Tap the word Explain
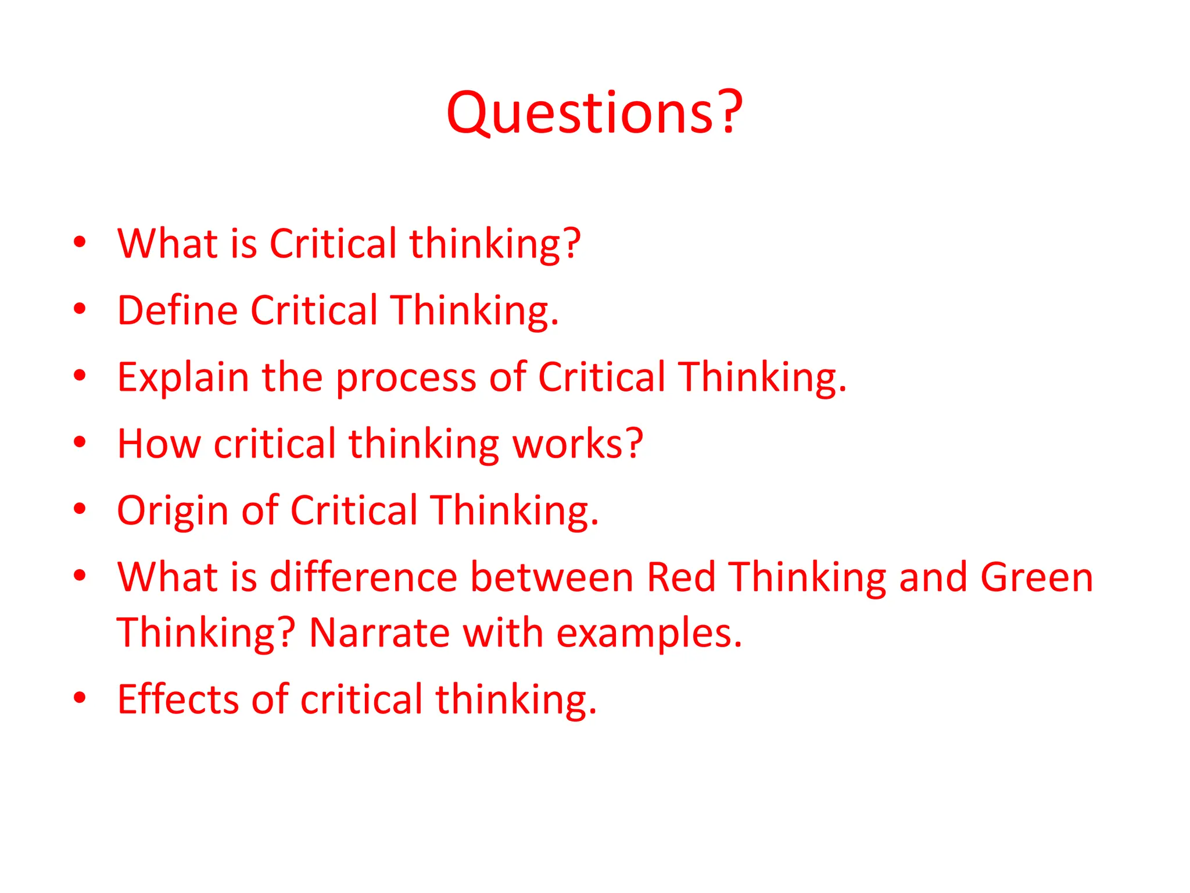[183, 377]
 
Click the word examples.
[649, 634]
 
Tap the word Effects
[178, 699]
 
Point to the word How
[159, 444]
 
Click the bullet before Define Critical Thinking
[80, 309]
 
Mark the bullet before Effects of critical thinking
[80, 697]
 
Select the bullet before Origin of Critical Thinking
[80, 509]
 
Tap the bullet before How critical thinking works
[80, 442]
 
